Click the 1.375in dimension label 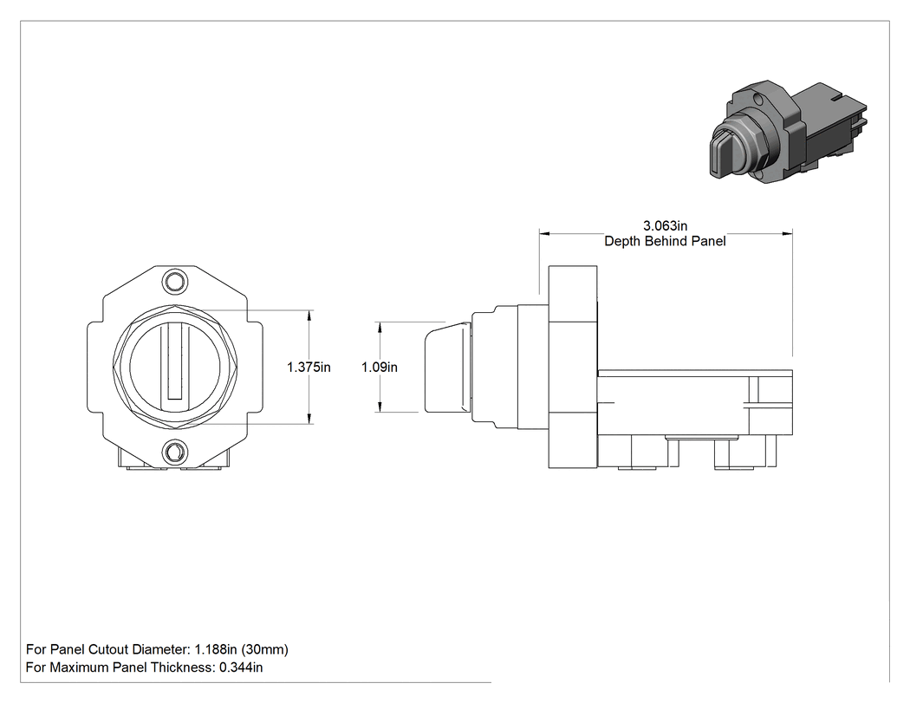click(309, 367)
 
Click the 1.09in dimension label click(380, 367)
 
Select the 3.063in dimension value click(665, 225)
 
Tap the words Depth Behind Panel click(665, 241)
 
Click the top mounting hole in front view click(174, 282)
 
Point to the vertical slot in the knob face click(175, 361)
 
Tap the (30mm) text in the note click(265, 649)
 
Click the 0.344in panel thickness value click(241, 667)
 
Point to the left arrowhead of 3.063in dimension click(544, 234)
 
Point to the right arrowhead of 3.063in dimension click(788, 234)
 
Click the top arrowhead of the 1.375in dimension click(309, 315)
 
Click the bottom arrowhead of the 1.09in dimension click(380, 407)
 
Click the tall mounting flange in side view click(573, 367)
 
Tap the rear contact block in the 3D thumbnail click(833, 125)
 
